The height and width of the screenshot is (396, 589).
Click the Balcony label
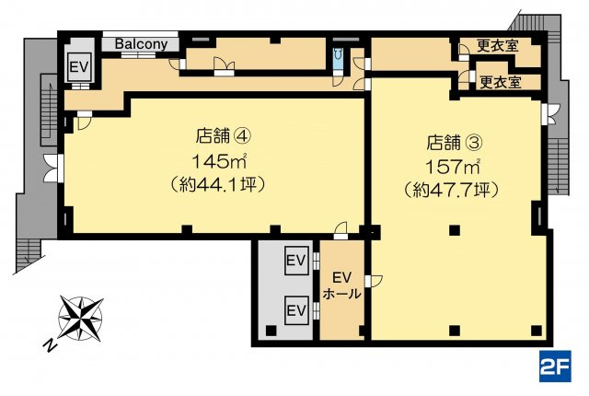[x=141, y=44]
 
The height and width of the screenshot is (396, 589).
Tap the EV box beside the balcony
[x=79, y=67]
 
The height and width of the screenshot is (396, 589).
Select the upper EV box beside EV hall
[x=296, y=261]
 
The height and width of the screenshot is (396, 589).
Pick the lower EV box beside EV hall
[x=296, y=310]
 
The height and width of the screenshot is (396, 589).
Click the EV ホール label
[x=341, y=285]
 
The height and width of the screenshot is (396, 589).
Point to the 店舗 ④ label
[x=223, y=136]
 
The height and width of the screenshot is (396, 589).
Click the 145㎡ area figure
[x=219, y=161]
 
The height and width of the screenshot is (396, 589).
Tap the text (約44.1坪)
[x=218, y=184]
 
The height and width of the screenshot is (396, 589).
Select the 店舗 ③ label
[x=454, y=143]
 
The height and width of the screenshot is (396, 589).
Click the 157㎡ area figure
[x=452, y=167]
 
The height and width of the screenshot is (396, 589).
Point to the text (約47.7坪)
[x=452, y=190]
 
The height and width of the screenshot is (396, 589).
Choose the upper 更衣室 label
[x=498, y=45]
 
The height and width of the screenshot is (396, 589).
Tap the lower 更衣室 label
[x=501, y=82]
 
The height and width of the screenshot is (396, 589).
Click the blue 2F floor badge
[x=555, y=366]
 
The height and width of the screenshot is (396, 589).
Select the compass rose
[x=80, y=319]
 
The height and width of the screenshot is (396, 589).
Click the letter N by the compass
[x=48, y=345]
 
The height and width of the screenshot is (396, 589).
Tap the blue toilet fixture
[x=339, y=58]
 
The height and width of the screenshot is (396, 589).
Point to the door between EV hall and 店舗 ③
[x=374, y=281]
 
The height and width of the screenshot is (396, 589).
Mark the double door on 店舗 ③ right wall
[x=550, y=114]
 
